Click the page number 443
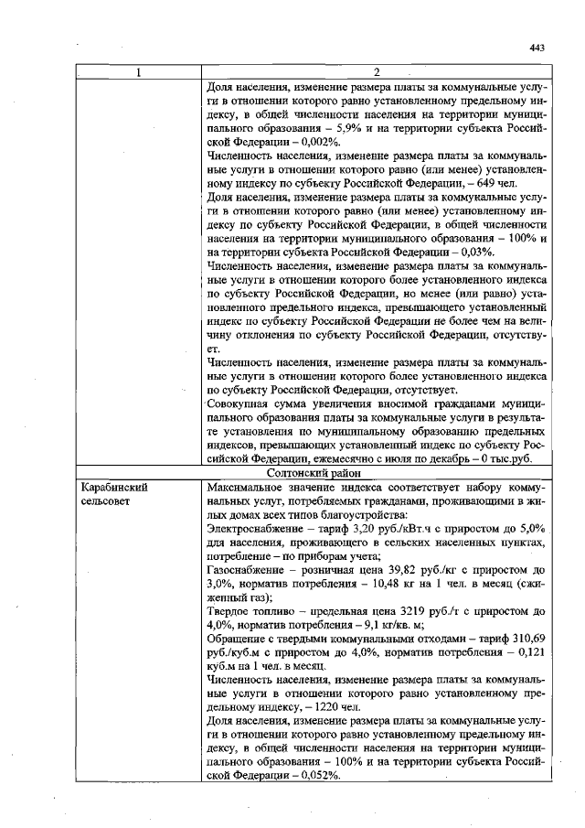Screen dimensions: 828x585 537,48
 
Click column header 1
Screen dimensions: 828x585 138,72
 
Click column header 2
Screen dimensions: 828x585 378,72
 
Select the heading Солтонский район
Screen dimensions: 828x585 378,473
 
